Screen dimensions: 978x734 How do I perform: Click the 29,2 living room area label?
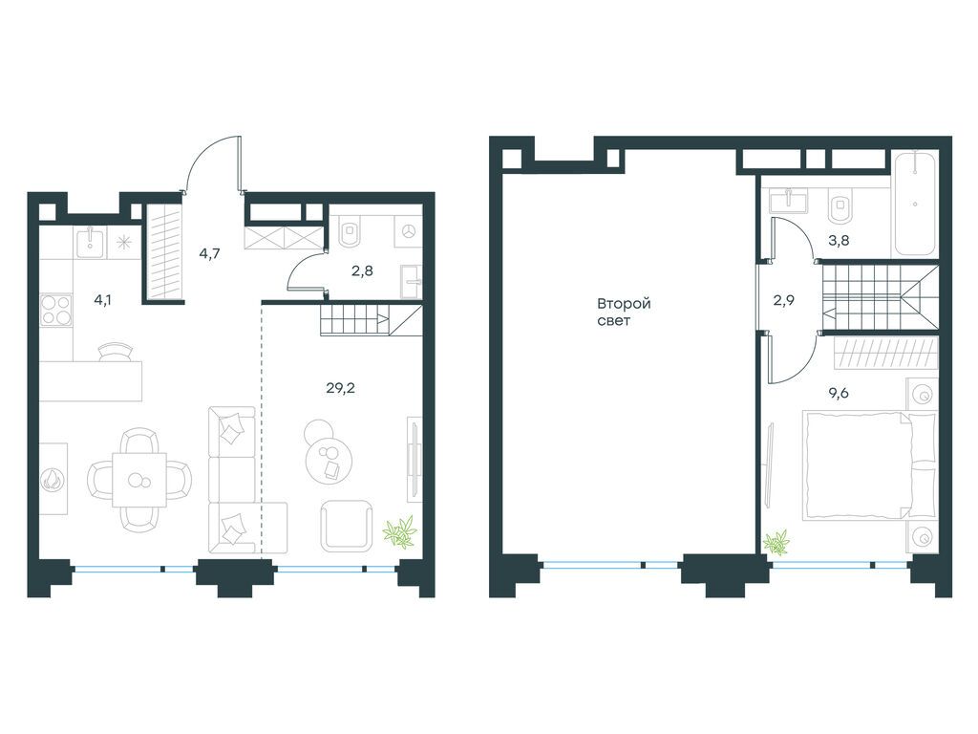pyautogui.click(x=341, y=388)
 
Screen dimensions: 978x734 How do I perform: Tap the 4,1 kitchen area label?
pyautogui.click(x=104, y=300)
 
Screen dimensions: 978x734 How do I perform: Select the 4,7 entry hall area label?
pyautogui.click(x=209, y=253)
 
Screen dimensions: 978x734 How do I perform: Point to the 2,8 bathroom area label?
pyautogui.click(x=362, y=270)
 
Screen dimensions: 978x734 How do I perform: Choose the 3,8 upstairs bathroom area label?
pyautogui.click(x=838, y=240)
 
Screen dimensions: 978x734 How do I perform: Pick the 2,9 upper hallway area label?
pyautogui.click(x=784, y=300)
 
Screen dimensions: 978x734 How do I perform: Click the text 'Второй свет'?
pyautogui.click(x=624, y=313)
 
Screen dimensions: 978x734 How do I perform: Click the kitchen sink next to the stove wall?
pyautogui.click(x=91, y=242)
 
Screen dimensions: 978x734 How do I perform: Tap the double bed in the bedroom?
pyautogui.click(x=869, y=464)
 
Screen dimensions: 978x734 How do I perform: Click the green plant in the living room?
pyautogui.click(x=400, y=532)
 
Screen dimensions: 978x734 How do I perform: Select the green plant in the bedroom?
pyautogui.click(x=776, y=542)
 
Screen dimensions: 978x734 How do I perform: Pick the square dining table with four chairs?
pyautogui.click(x=139, y=480)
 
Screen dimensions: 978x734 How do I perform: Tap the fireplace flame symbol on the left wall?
pyautogui.click(x=52, y=480)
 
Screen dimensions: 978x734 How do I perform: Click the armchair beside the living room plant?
pyautogui.click(x=347, y=526)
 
